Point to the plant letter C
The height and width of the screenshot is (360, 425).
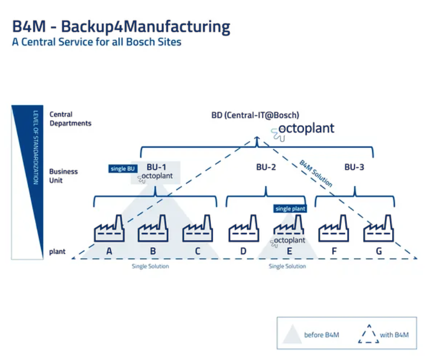point(197,251)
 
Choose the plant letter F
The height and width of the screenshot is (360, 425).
point(334,251)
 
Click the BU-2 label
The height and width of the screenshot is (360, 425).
point(266,167)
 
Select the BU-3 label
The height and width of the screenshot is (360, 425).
point(354,167)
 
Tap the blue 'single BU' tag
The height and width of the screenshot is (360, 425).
point(123,169)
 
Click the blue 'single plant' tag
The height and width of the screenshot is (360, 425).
point(290,209)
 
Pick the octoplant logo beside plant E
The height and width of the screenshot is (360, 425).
point(287,241)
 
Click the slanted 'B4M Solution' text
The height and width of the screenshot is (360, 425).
point(316,174)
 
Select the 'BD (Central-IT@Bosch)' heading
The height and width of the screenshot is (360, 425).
point(255,115)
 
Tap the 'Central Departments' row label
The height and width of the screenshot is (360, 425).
point(71,119)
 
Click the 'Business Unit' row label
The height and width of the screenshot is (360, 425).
point(64,176)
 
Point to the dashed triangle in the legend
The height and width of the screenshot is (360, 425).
point(368,334)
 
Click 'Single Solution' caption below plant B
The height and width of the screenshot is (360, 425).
point(150,266)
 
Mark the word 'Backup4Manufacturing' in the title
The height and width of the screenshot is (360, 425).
point(146,27)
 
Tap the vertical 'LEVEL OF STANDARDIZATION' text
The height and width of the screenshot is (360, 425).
point(36,148)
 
